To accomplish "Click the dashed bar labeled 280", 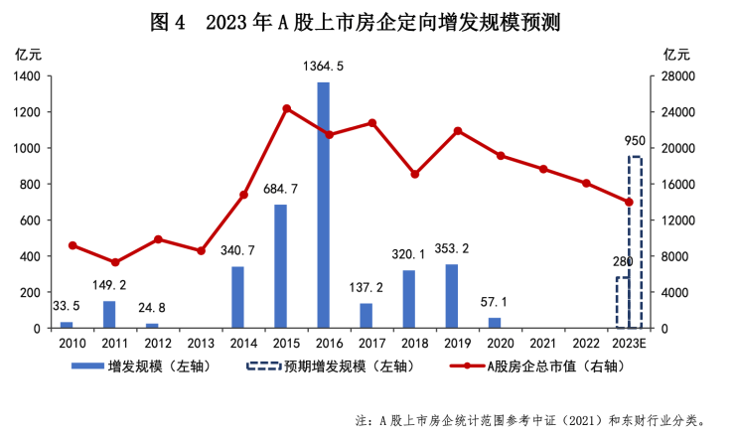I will click(622, 303).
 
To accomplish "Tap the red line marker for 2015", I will click(286, 108).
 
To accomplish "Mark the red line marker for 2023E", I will click(629, 202).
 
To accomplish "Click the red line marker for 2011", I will click(115, 262).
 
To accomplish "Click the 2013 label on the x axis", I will click(201, 343).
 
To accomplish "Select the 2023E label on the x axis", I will click(629, 343).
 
